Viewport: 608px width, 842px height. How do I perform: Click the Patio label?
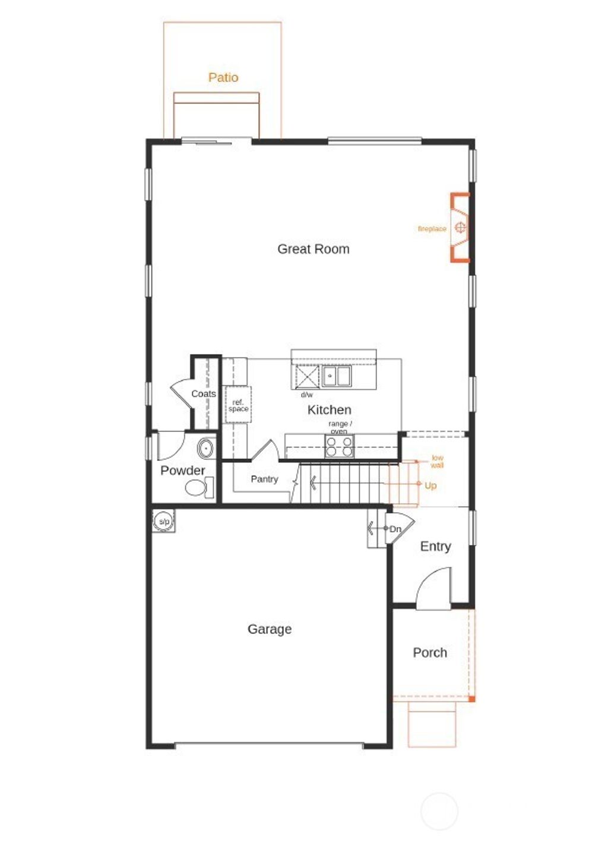pos(223,78)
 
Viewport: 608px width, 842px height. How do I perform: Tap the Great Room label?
pos(313,249)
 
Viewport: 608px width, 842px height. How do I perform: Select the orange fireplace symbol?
pos(460,227)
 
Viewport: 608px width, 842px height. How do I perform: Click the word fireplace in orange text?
pos(432,229)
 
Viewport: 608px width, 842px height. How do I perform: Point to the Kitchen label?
pos(329,409)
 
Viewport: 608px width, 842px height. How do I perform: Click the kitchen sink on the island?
pos(336,376)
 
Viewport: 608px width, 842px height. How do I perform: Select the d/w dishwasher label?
pos(306,395)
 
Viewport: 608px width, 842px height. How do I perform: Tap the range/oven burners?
pos(339,446)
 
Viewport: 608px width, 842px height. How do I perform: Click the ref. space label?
pos(238,406)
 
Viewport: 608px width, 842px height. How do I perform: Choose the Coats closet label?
pos(203,394)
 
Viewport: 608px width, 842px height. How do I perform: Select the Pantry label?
pos(264,479)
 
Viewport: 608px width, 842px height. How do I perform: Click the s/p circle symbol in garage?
pos(164,522)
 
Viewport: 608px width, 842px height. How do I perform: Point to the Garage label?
pos(270,629)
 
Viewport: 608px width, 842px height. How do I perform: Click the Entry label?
pos(435,546)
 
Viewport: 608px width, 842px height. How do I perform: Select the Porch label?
pos(430,652)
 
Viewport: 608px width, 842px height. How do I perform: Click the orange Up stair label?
pos(430,485)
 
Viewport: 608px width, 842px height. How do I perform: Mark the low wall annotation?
pos(437,461)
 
